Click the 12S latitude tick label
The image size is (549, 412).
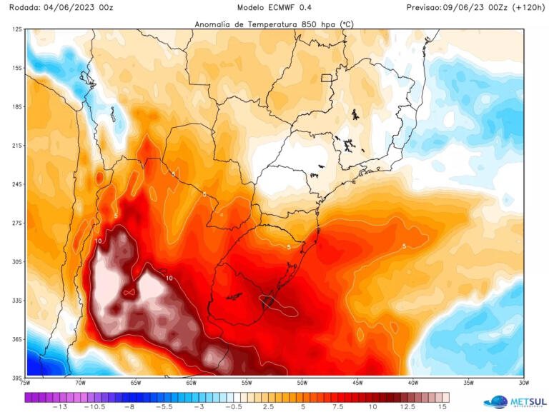tap(16, 29)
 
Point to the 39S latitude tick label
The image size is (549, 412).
tap(16, 378)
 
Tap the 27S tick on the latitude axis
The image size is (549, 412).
tap(16, 223)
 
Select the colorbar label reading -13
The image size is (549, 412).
tap(61, 406)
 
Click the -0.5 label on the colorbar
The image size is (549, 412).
tap(234, 406)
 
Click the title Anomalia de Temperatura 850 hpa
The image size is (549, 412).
tap(274, 24)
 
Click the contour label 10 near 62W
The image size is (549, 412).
tap(169, 278)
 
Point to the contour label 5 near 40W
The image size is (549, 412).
tap(405, 246)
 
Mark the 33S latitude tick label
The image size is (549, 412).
tap(16, 301)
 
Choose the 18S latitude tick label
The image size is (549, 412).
tap(16, 106)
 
